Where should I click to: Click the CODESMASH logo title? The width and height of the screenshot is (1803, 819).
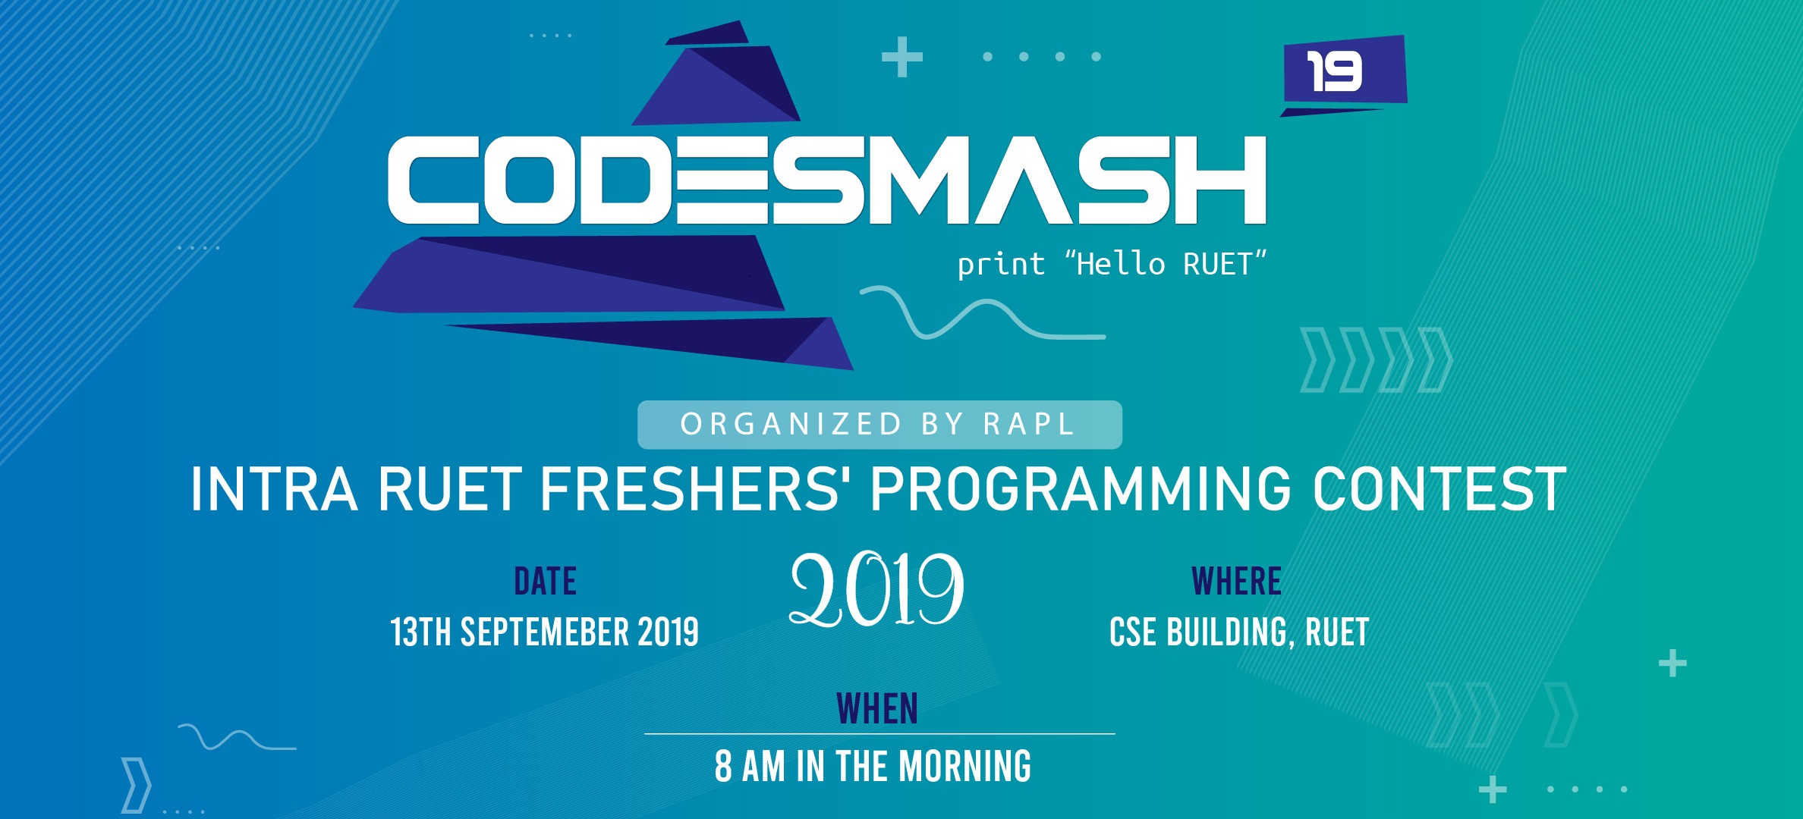pyautogui.click(x=827, y=180)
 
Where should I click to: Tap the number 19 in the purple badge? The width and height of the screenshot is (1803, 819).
pyautogui.click(x=1334, y=72)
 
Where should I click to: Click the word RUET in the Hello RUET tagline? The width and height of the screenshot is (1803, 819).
pyautogui.click(x=1218, y=265)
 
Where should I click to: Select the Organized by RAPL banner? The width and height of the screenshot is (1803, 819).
pyautogui.click(x=879, y=425)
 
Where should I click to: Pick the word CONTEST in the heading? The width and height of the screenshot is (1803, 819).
pyautogui.click(x=1440, y=489)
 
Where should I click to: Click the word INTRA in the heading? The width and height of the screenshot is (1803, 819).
pyautogui.click(x=274, y=489)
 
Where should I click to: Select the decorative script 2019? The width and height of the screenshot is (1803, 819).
pyautogui.click(x=876, y=590)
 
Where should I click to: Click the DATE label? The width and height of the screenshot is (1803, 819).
pyautogui.click(x=545, y=582)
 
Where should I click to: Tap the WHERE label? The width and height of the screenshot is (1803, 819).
pyautogui.click(x=1236, y=582)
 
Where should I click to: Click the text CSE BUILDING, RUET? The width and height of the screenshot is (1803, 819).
pyautogui.click(x=1239, y=632)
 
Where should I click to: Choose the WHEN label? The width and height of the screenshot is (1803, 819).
pyautogui.click(x=877, y=709)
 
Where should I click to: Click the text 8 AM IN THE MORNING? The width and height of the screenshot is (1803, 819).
pyautogui.click(x=873, y=766)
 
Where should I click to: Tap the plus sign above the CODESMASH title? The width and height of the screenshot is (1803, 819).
pyautogui.click(x=902, y=57)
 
